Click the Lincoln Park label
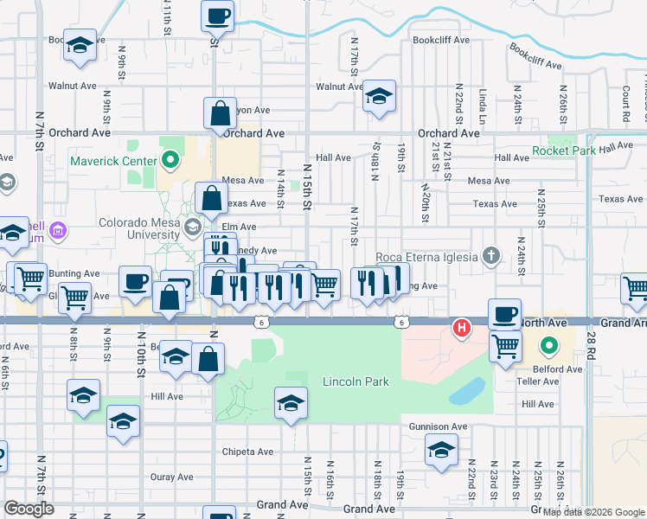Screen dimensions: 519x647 [x=356, y=381]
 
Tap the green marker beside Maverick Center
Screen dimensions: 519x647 [x=170, y=160]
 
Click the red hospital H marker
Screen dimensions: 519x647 [x=463, y=328]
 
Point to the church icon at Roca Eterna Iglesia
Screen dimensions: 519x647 [x=491, y=256]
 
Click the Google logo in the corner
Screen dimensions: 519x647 [x=29, y=509]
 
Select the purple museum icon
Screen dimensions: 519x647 [x=58, y=230]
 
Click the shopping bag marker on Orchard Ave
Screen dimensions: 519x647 [x=221, y=112]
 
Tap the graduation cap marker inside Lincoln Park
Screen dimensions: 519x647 [x=291, y=402]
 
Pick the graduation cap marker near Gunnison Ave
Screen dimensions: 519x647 [x=441, y=450]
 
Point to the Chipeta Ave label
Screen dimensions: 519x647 [x=247, y=452]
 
